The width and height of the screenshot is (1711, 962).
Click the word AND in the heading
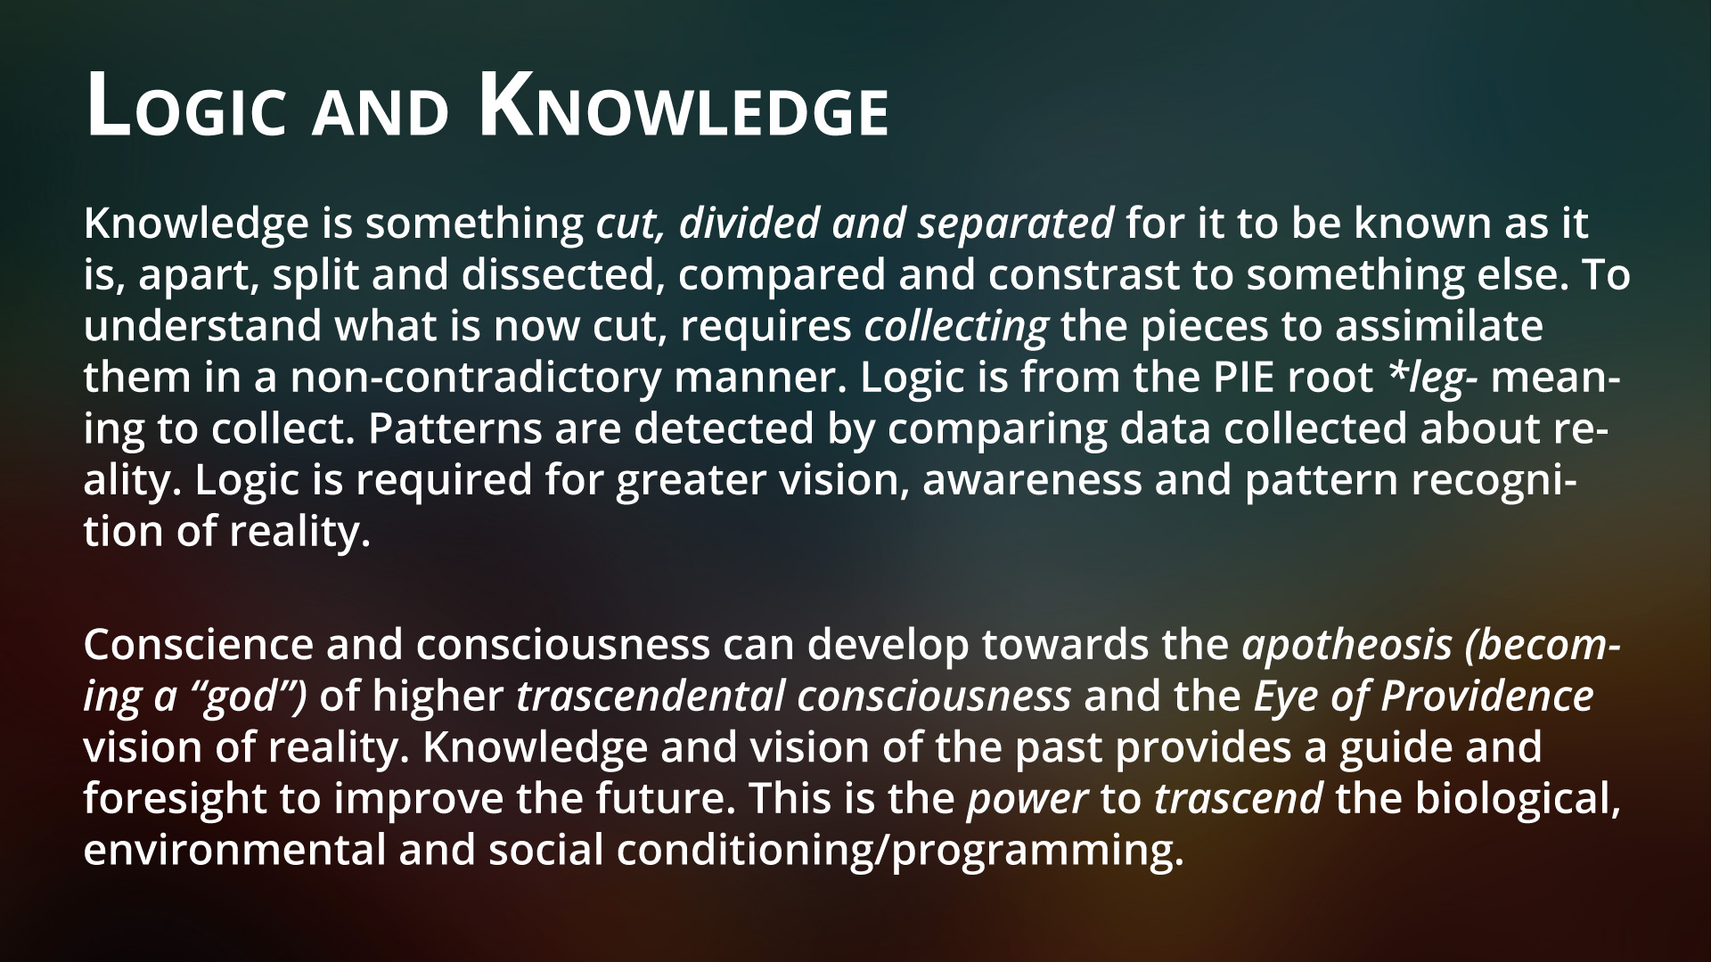tap(379, 113)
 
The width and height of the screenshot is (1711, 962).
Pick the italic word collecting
tap(956, 327)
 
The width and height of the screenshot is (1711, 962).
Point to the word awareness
tap(1032, 482)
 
